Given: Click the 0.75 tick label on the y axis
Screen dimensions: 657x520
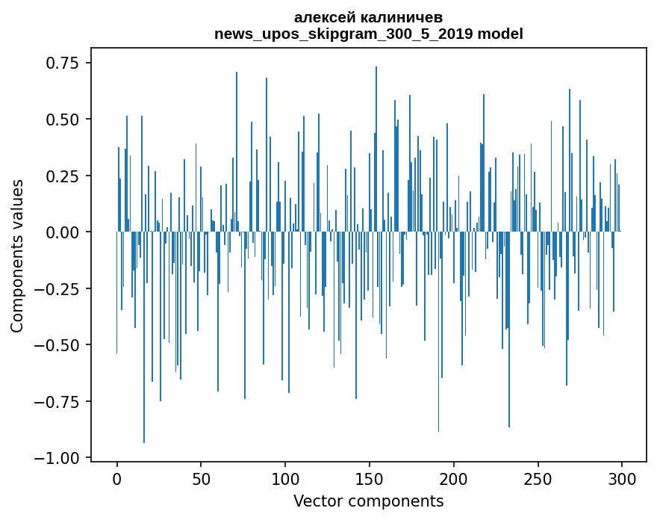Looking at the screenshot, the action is [x=62, y=63].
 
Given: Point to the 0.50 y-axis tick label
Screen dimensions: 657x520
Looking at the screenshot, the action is [x=62, y=120].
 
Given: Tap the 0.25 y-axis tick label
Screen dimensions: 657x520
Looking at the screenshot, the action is [x=62, y=176].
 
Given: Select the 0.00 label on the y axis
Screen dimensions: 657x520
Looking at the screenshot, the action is [x=62, y=232].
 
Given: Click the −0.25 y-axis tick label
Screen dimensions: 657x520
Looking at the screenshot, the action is [x=57, y=289].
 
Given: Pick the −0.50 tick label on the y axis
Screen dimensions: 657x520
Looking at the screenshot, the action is [x=57, y=345].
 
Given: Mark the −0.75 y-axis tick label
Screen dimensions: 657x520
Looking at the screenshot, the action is [x=57, y=402].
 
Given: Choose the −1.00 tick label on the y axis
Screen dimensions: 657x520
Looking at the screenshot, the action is [x=57, y=458].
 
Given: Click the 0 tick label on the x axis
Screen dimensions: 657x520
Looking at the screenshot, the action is [x=117, y=479].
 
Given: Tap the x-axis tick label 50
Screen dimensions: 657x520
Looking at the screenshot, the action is [x=201, y=479].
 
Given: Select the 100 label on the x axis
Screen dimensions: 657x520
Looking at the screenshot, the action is [x=285, y=479].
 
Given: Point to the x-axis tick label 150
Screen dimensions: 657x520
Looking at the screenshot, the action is [x=370, y=479].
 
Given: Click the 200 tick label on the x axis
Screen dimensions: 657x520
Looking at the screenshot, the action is [x=454, y=479].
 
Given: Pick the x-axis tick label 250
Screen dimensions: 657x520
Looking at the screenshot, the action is [x=538, y=479].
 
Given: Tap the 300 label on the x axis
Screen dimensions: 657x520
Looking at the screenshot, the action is [x=622, y=479].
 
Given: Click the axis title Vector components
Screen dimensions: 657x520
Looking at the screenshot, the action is [x=368, y=501].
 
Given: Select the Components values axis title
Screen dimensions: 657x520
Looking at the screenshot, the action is [x=16, y=256].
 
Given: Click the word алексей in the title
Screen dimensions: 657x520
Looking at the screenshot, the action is [x=321, y=18].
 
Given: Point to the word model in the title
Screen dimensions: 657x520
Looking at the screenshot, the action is [x=500, y=34].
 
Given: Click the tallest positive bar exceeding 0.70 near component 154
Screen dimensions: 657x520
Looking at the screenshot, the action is [x=376, y=149].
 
